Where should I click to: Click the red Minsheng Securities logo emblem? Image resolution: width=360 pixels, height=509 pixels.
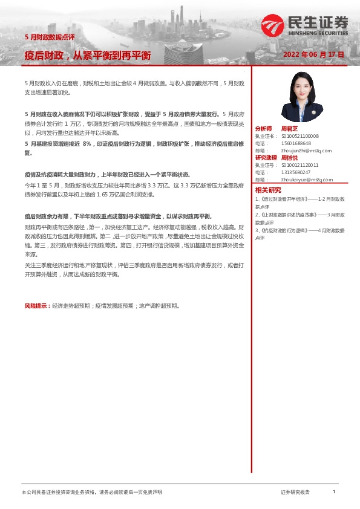(x=272, y=25)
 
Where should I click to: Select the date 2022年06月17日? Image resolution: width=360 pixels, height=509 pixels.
(x=313, y=54)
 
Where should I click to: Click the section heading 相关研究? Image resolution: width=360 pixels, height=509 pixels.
(x=267, y=190)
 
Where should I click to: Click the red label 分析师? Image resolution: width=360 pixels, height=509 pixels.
(x=264, y=129)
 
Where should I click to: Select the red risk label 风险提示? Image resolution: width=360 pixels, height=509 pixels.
(x=36, y=306)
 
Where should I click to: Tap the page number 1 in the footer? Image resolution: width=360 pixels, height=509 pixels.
(x=334, y=492)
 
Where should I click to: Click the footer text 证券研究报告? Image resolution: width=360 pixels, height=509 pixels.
(x=295, y=493)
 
